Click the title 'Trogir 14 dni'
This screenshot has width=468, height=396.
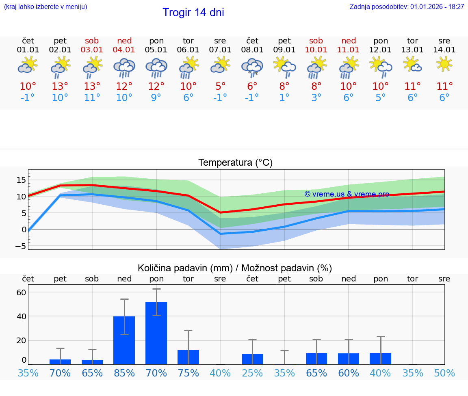pos(193,13)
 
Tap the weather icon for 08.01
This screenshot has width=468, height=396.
pos(252,67)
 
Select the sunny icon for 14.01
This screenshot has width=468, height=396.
pos(444,64)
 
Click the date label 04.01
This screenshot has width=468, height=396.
pos(124,50)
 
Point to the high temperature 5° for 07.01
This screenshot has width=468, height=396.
pos(220,87)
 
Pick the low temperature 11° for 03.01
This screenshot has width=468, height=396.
pos(92,98)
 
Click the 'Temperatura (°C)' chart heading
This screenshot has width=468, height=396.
pos(235,163)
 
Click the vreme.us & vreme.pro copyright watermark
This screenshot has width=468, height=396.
pos(347,194)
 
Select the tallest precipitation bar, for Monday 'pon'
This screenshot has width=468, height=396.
pos(156,333)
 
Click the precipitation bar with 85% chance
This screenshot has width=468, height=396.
pos(124,340)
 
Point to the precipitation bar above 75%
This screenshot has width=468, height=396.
pos(188,357)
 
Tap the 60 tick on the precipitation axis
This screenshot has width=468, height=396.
pos(22,292)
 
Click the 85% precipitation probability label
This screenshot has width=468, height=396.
pos(124,373)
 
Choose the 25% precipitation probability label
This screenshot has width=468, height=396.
pos(252,373)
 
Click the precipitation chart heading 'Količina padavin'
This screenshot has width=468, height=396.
pos(235,268)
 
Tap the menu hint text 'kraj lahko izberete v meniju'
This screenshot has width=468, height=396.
pos(45,7)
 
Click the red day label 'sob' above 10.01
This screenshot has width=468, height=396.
pos(316,41)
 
